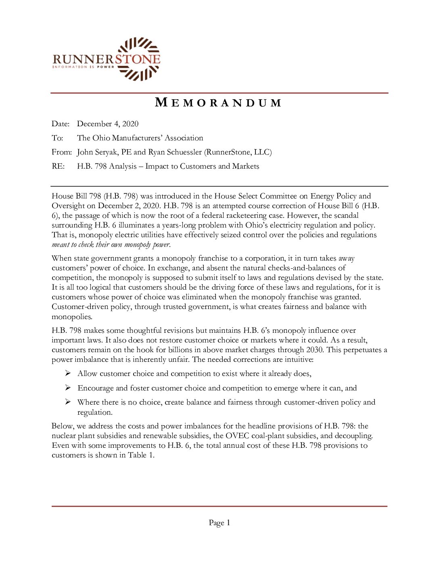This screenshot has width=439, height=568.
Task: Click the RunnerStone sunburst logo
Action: pos(139,59)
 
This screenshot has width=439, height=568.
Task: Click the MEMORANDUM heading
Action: pos(218,103)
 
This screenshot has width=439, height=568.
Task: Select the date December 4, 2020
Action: pos(108,124)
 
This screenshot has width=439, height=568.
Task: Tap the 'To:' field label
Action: pos(57,138)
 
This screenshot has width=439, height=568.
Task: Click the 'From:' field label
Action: pos(61,152)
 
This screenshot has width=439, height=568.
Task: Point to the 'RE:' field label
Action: pos(58,166)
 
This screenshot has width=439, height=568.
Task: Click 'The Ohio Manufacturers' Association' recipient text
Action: pos(140,138)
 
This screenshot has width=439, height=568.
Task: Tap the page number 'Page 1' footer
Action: pos(219,523)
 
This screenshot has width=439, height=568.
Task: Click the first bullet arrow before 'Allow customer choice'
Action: pos(68,374)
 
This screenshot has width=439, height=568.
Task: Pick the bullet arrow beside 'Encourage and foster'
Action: pos(68,388)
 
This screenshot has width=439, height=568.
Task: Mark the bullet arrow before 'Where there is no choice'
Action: pos(68,402)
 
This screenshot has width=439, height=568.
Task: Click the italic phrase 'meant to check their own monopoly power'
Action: pos(111,244)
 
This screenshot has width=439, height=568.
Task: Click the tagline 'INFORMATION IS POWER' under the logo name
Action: pos(83,67)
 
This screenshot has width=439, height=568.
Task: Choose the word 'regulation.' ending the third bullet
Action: pos(95,412)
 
